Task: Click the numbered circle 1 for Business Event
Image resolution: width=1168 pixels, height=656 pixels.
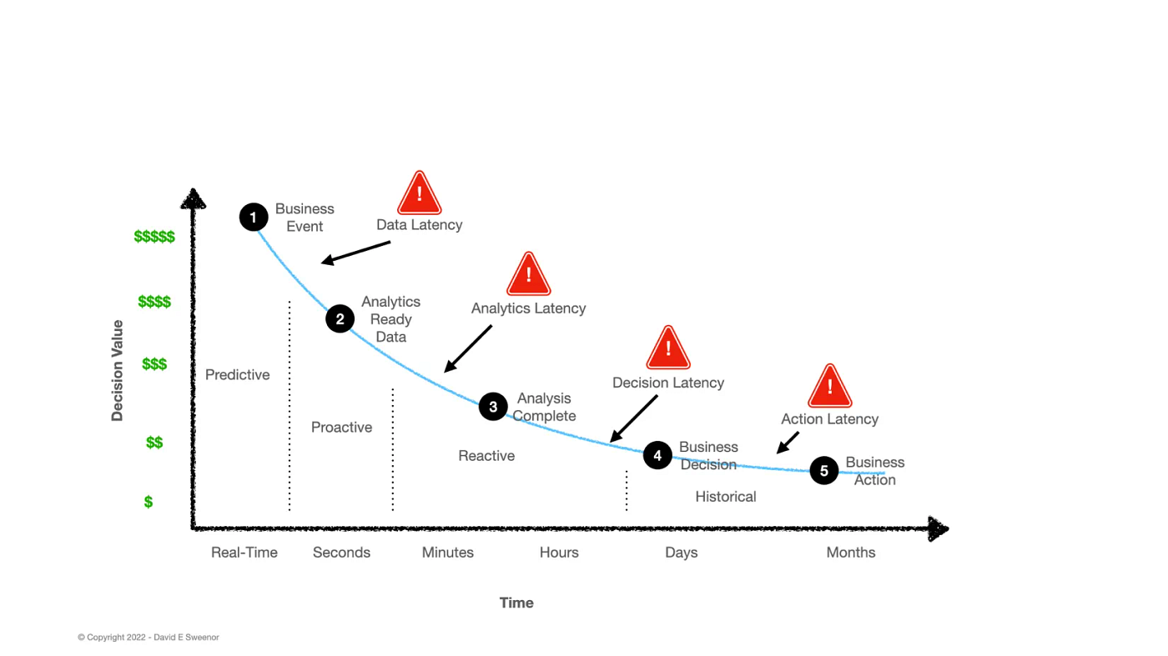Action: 254,218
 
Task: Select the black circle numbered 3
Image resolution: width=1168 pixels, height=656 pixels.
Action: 493,407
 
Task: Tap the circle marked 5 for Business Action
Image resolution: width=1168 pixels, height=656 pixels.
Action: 824,471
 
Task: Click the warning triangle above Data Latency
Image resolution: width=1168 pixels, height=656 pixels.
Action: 419,194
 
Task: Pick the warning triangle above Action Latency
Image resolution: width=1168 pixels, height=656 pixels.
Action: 829,387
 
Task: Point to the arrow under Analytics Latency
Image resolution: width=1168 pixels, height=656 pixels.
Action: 468,348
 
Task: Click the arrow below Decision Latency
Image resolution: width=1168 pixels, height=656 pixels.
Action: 634,418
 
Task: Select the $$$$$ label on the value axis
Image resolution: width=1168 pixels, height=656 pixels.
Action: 154,237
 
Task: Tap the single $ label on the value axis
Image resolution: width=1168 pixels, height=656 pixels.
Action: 149,502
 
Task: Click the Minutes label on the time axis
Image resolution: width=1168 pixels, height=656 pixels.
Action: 448,553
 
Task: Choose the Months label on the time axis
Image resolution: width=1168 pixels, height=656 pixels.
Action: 851,553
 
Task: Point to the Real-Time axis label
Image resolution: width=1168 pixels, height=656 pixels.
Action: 244,553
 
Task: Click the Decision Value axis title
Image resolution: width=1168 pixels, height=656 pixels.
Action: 118,370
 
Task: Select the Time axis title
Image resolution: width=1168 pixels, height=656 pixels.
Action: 516,603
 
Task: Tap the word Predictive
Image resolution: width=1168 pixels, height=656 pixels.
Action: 238,375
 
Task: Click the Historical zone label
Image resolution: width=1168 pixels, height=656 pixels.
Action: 726,497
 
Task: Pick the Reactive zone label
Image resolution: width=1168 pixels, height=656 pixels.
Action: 486,456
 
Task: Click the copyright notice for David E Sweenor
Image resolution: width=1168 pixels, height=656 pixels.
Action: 149,637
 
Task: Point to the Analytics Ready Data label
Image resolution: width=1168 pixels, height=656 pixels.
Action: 390,319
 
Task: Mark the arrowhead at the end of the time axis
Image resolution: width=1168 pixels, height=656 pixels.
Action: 938,528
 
